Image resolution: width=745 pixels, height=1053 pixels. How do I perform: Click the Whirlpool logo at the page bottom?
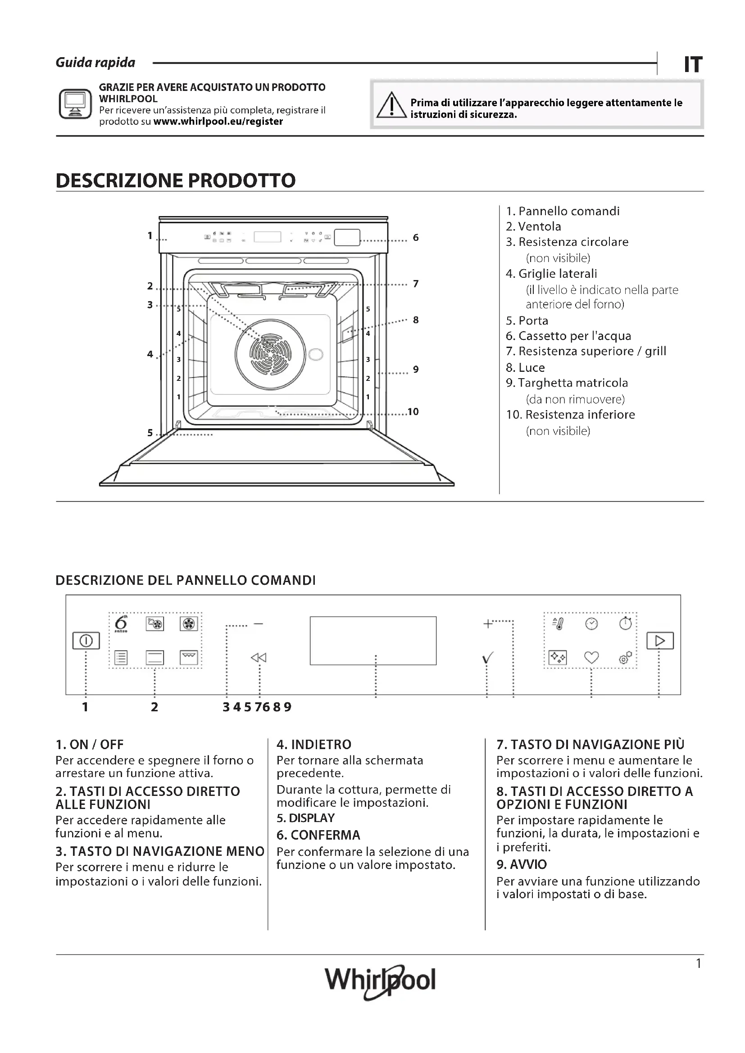[380, 981]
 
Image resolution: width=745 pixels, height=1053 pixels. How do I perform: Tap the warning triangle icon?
[391, 105]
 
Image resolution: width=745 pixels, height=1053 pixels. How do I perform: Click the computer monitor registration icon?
[75, 104]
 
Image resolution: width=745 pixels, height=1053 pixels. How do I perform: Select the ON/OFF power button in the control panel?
[86, 640]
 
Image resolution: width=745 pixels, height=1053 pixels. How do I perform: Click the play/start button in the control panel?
[660, 640]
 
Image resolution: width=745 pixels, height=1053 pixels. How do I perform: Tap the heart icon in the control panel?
[591, 658]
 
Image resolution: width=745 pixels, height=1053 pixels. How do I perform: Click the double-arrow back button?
[259, 658]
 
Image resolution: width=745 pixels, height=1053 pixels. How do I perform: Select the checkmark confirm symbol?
[488, 658]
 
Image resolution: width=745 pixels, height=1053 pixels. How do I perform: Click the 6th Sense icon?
[121, 624]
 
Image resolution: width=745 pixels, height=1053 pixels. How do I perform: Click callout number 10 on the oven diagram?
[413, 411]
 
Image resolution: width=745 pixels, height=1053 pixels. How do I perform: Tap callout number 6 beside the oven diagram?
[416, 238]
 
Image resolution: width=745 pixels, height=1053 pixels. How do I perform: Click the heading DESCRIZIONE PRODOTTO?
[176, 180]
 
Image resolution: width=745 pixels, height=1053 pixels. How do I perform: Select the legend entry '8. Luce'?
[525, 367]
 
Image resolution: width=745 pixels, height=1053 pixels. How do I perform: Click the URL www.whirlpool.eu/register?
[218, 122]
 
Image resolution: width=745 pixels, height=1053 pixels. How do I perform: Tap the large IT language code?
[693, 65]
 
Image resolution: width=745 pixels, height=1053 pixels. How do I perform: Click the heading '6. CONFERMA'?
[318, 835]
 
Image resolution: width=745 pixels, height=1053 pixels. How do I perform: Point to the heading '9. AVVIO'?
[522, 864]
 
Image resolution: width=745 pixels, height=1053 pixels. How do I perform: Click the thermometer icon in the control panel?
[558, 624]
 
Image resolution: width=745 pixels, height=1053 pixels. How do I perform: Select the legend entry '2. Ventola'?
[533, 226]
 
